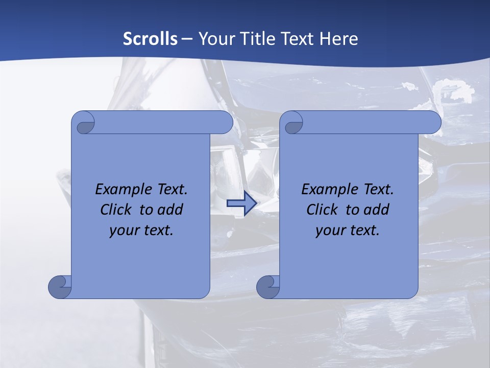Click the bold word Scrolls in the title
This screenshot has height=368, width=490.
[x=150, y=38]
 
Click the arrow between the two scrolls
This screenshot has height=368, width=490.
[x=241, y=204]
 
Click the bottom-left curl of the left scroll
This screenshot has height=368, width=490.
[x=59, y=286]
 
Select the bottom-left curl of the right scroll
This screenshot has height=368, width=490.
[x=267, y=286]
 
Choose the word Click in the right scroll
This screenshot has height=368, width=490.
[x=322, y=210]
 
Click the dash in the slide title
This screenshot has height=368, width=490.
[x=187, y=38]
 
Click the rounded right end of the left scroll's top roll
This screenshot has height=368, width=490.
[x=225, y=123]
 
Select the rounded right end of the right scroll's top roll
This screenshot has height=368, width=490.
[x=433, y=123]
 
